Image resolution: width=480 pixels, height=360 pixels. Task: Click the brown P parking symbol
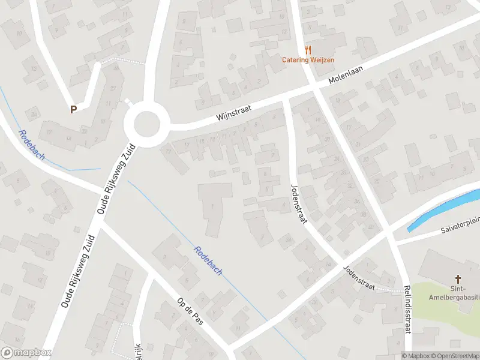point(73,109)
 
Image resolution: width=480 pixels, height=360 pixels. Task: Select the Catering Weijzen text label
point(308,59)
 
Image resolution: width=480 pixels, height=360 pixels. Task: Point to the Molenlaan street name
point(346,76)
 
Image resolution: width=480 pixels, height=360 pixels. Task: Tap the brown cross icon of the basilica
point(458,278)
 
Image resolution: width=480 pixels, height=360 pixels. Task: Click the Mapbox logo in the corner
point(26,353)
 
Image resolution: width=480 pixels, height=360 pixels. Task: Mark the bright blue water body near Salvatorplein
point(444,207)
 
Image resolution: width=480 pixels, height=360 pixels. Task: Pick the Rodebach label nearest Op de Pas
point(208,260)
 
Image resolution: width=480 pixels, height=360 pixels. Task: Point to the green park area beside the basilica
point(447,312)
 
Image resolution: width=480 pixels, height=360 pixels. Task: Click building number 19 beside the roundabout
point(169,151)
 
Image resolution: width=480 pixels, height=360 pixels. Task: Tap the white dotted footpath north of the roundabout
point(123,60)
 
